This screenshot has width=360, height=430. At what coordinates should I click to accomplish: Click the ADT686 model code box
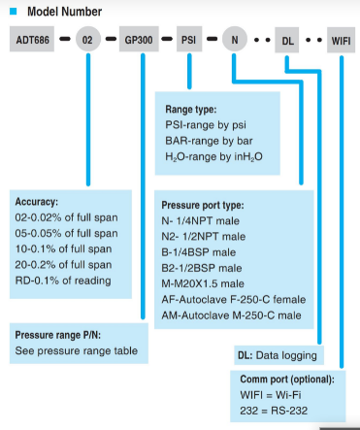coord(32,39)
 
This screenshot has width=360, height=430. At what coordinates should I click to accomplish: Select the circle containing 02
coord(88,39)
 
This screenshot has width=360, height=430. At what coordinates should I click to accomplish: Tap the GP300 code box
coord(139,39)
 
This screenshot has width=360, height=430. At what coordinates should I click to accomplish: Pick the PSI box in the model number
coord(189,39)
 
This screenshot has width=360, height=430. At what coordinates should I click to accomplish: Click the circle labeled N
coord(235,39)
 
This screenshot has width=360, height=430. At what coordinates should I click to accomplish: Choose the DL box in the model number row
coord(287,40)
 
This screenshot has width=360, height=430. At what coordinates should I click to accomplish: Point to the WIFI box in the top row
coord(341,40)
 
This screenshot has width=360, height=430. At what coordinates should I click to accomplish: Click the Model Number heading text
coord(64,12)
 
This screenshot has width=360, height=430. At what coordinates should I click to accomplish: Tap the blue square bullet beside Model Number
coord(14,12)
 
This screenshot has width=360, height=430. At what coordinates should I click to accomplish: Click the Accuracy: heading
coord(37,202)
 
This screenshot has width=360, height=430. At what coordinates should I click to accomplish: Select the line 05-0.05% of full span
coord(66,233)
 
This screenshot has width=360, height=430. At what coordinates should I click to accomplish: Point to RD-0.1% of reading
coord(63,281)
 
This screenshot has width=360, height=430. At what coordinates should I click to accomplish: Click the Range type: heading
coord(191,110)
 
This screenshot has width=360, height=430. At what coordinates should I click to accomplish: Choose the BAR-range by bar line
coord(209,141)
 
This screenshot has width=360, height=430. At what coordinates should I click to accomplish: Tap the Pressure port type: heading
coord(203,205)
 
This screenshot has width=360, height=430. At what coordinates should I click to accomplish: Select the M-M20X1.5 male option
coord(203,283)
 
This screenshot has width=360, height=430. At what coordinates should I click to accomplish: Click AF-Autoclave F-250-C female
coord(234,300)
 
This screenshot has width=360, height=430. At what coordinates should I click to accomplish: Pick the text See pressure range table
coord(77,350)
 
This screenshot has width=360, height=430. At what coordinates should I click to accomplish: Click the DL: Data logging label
coord(278,355)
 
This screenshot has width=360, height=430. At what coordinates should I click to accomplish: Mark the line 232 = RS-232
coord(274,411)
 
